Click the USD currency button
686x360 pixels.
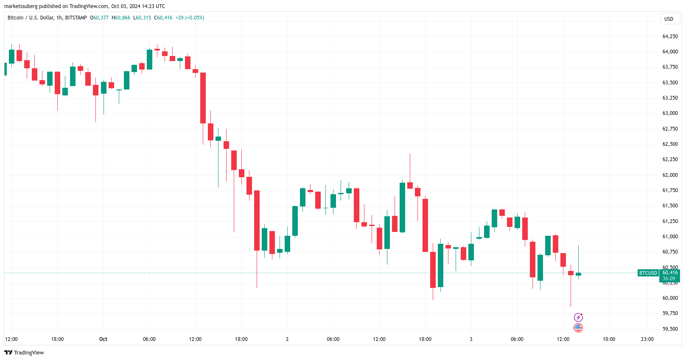click(x=669, y=19)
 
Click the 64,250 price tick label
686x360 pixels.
click(x=670, y=36)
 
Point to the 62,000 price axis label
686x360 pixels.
click(x=670, y=175)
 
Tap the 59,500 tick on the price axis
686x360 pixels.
click(x=670, y=329)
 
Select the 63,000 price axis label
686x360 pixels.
click(x=670, y=113)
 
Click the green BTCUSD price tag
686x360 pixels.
click(x=648, y=273)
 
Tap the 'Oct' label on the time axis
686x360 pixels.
click(x=103, y=339)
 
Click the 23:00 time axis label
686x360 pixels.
click(x=647, y=339)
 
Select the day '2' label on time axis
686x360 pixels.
click(x=287, y=339)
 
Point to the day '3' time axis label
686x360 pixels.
click(x=471, y=339)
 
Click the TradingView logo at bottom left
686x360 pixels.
click(x=24, y=353)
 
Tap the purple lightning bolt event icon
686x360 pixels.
click(x=578, y=317)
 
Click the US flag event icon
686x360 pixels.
click(x=578, y=328)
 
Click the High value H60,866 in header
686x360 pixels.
click(x=121, y=18)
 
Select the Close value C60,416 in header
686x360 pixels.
click(x=163, y=18)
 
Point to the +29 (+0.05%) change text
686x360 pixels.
click(x=190, y=18)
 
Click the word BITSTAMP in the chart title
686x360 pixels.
click(x=76, y=18)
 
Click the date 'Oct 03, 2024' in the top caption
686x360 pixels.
click(x=126, y=6)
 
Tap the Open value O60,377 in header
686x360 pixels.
click(x=99, y=18)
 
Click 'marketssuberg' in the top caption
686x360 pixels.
click(x=21, y=6)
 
